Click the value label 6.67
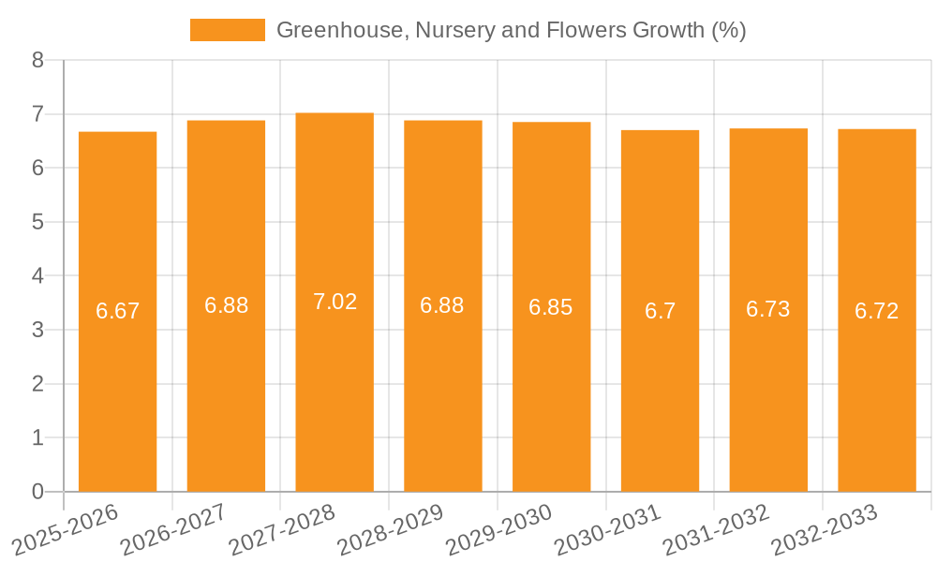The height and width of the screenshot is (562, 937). [x=118, y=311]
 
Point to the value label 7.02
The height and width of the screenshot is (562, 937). [x=335, y=302]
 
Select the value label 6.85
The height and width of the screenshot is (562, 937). [x=551, y=307]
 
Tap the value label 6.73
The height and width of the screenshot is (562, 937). [x=768, y=309]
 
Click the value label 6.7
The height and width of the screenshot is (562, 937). [x=660, y=311]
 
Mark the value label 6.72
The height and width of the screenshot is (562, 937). [x=876, y=311]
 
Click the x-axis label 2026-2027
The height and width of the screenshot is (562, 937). [x=173, y=528]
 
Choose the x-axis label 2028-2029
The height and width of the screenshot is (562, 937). [x=389, y=528]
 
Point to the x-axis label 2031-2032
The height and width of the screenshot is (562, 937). [x=715, y=528]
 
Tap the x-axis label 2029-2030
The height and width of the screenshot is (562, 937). [x=498, y=528]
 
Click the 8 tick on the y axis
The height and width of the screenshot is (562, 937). [x=37, y=60]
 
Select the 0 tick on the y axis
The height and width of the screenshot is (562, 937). [x=37, y=492]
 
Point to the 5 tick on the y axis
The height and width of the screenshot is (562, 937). [x=37, y=222]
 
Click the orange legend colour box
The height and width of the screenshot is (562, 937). [x=228, y=30]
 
